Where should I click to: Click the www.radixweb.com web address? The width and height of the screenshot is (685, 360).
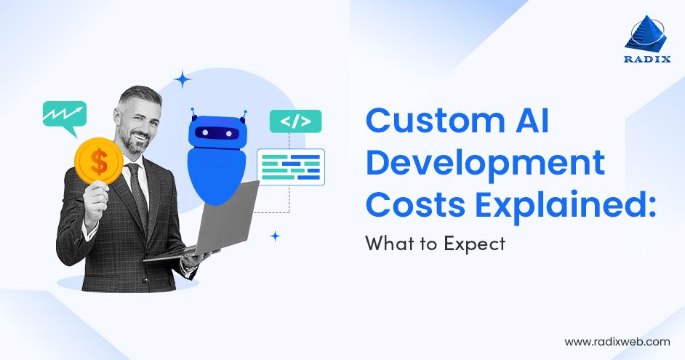(x=617, y=340)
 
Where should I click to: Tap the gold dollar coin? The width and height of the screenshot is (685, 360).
(x=99, y=161)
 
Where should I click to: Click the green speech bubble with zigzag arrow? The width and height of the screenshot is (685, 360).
(x=64, y=115)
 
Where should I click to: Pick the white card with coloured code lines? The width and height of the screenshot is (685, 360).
(x=290, y=166)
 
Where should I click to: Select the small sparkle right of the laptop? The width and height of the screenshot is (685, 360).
(x=275, y=236)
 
